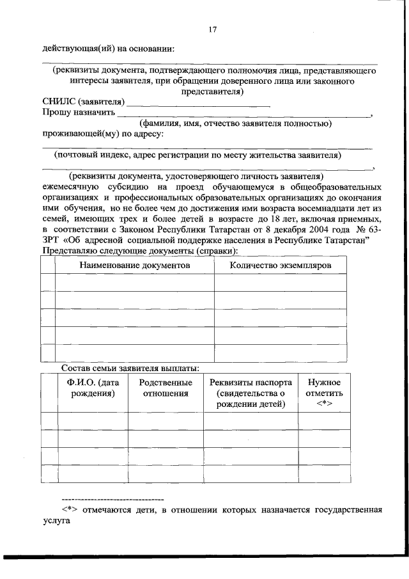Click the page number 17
click(213, 29)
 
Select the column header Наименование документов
click(135, 265)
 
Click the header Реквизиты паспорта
click(251, 382)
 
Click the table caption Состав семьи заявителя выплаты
click(130, 368)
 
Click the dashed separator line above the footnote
click(112, 498)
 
